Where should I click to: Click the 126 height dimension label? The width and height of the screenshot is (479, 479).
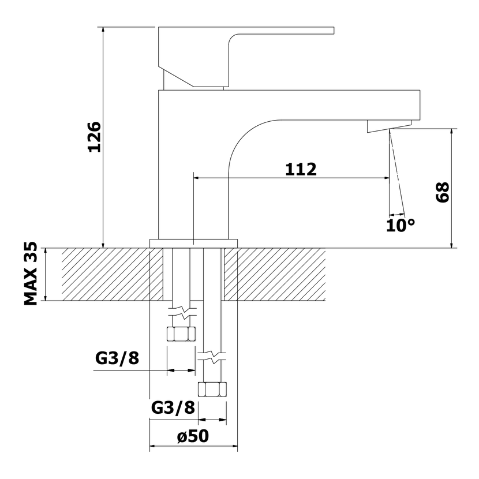[x=94, y=137]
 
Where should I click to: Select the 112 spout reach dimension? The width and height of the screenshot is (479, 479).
[x=301, y=169]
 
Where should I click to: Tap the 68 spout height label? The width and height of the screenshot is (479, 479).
[x=442, y=192]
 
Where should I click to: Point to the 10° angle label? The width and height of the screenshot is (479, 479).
[x=401, y=226]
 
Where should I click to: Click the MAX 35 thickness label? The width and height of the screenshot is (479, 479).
[x=31, y=274]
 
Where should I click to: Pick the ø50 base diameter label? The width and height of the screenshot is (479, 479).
[x=193, y=436]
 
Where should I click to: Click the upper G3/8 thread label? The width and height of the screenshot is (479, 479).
[x=117, y=358]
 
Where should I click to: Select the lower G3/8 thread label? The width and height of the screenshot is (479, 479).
[x=173, y=407]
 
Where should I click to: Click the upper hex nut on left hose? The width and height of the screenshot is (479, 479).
[x=181, y=334]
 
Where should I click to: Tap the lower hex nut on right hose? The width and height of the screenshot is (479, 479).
[x=212, y=389]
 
